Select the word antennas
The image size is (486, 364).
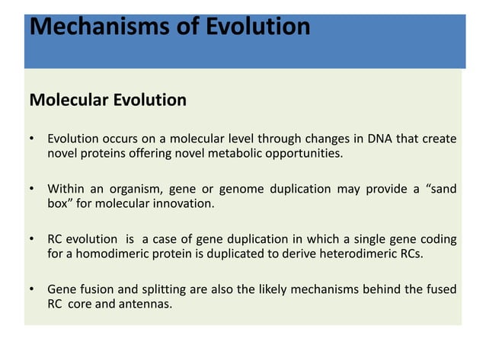147,304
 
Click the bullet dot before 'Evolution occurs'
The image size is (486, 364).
31,139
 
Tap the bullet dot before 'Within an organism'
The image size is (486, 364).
31,190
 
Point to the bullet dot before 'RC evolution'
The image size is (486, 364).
31,240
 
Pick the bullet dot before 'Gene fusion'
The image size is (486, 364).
31,290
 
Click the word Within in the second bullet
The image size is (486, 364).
66,189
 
